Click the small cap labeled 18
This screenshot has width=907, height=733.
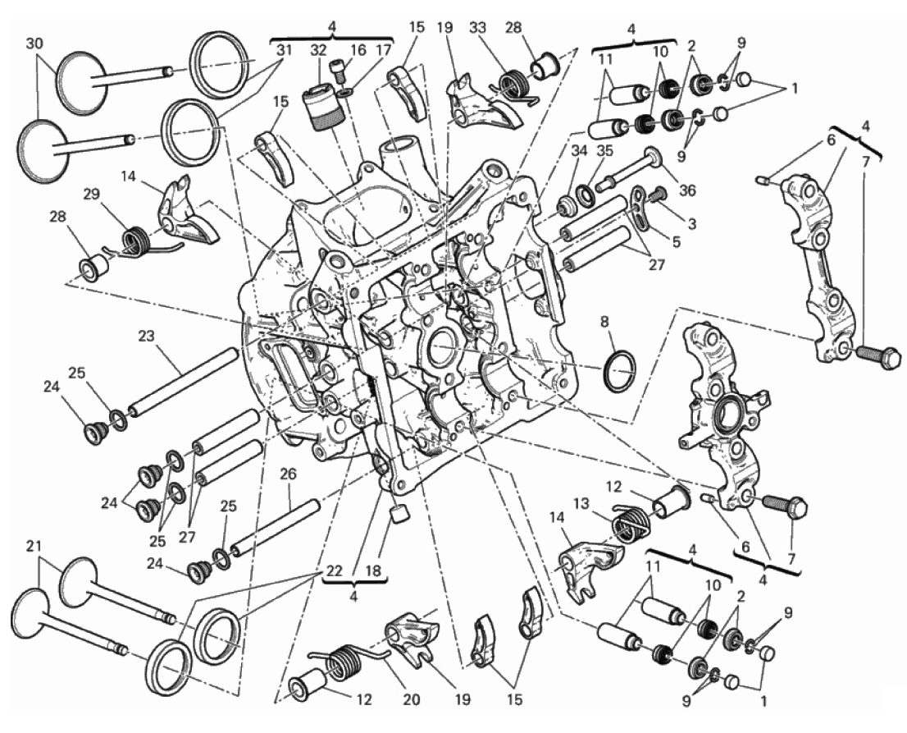[399, 513]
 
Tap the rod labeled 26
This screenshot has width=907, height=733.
[276, 525]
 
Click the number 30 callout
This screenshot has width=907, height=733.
[34, 44]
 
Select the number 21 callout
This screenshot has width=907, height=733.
[34, 545]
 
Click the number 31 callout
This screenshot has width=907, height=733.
[285, 50]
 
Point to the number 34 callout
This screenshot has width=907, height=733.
[579, 151]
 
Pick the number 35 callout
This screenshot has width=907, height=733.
[604, 151]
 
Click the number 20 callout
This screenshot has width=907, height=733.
[411, 700]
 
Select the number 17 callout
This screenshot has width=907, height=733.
[384, 50]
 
